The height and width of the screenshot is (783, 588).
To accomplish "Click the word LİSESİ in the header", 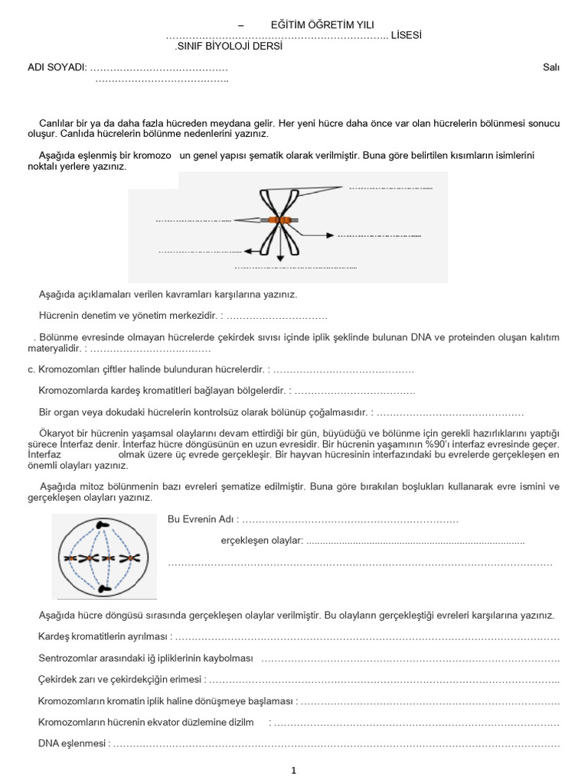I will [405, 35].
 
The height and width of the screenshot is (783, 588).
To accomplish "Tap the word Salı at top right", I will [550, 67].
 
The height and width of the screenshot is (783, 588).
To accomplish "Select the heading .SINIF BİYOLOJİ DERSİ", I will [229, 46].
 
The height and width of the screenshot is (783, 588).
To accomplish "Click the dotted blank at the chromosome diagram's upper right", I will [390, 187].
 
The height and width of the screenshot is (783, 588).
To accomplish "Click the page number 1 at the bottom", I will [293, 771].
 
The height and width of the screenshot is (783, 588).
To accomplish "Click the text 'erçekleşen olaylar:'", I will [262, 541].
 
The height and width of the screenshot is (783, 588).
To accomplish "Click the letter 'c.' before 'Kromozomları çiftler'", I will [31, 370].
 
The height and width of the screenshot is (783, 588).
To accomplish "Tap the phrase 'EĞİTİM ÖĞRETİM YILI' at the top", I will [312, 26].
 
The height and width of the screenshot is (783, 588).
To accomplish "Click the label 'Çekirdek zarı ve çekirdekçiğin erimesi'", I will [121, 679].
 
